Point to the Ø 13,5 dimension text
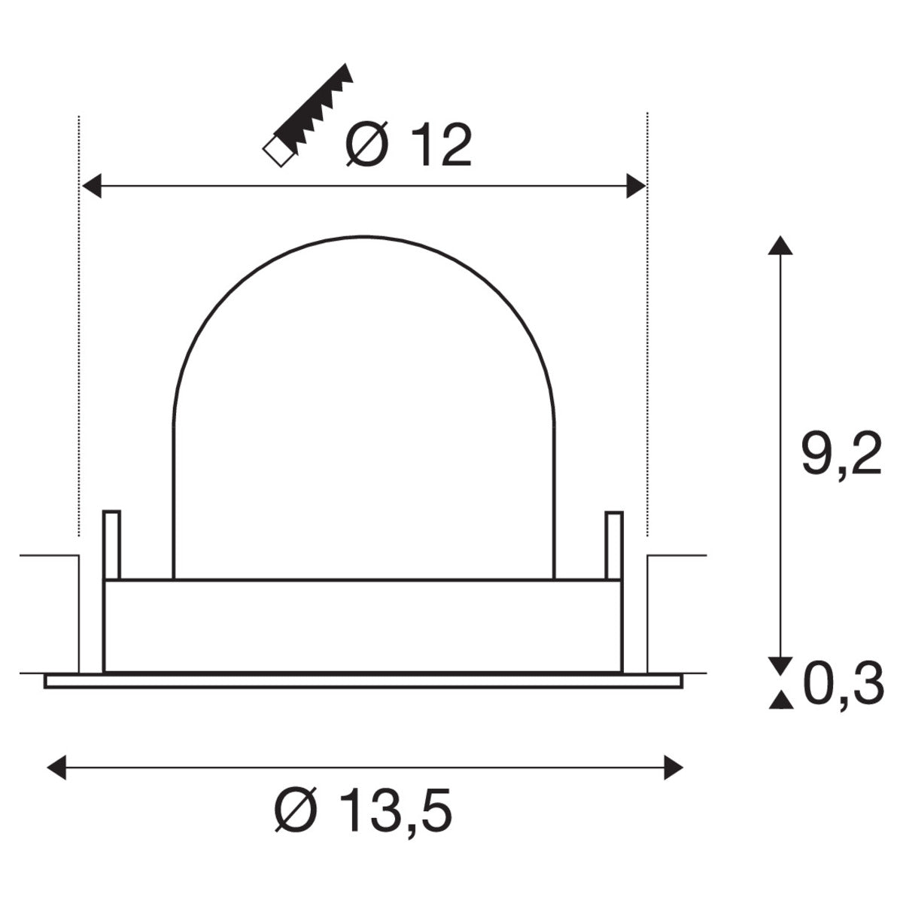click(x=363, y=812)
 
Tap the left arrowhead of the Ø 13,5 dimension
click(x=56, y=768)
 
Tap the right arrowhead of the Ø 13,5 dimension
click(x=673, y=768)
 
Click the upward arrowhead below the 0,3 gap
click(x=781, y=701)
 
